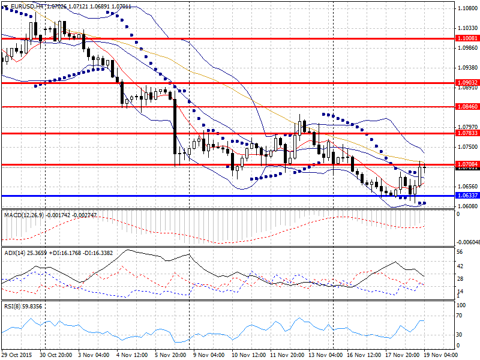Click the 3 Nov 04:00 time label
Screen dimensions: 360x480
94,355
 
